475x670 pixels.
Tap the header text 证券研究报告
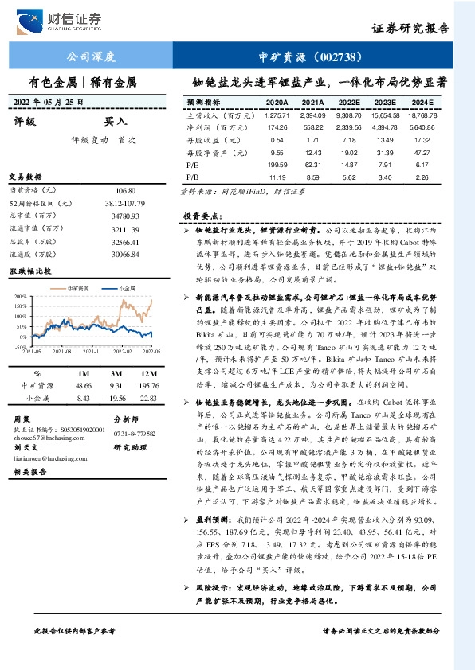(x=410, y=29)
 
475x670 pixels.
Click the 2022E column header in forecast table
(x=349, y=103)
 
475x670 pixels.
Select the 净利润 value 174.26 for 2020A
(x=277, y=127)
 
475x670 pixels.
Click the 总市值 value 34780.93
(x=122, y=216)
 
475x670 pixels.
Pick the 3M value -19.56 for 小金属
(x=117, y=397)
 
